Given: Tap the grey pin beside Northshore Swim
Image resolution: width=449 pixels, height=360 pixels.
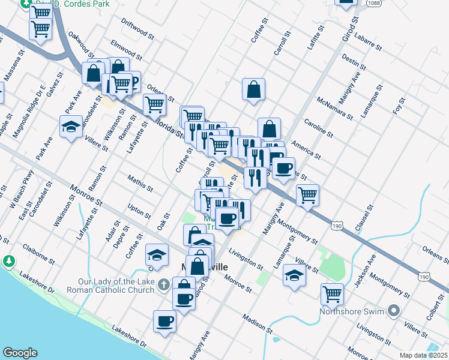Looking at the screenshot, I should pyautogui.click(x=394, y=310).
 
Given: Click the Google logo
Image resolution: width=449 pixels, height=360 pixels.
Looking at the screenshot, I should pyautogui.click(x=20, y=353).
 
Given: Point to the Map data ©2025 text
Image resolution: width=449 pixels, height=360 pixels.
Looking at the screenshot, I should pyautogui.click(x=424, y=355).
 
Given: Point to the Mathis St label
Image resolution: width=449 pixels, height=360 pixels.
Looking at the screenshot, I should pyautogui.click(x=140, y=182).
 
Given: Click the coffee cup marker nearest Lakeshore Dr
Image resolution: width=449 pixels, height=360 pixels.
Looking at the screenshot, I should pyautogui.click(x=164, y=320).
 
